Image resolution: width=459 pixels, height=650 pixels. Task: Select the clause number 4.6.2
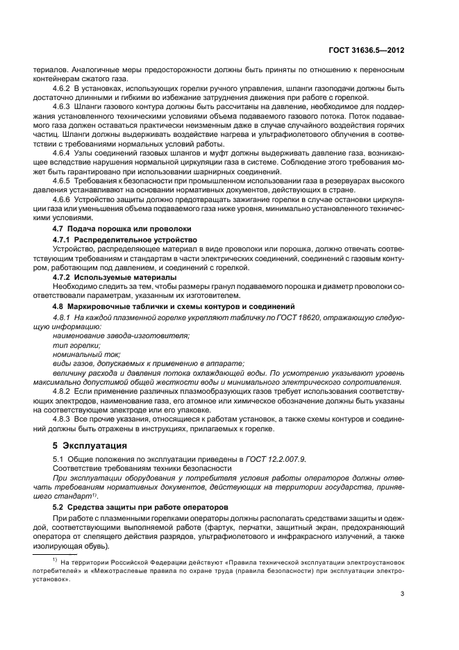(64, 90)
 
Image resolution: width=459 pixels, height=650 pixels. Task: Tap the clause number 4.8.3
(64, 419)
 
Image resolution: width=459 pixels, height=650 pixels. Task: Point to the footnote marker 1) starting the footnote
(57, 559)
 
